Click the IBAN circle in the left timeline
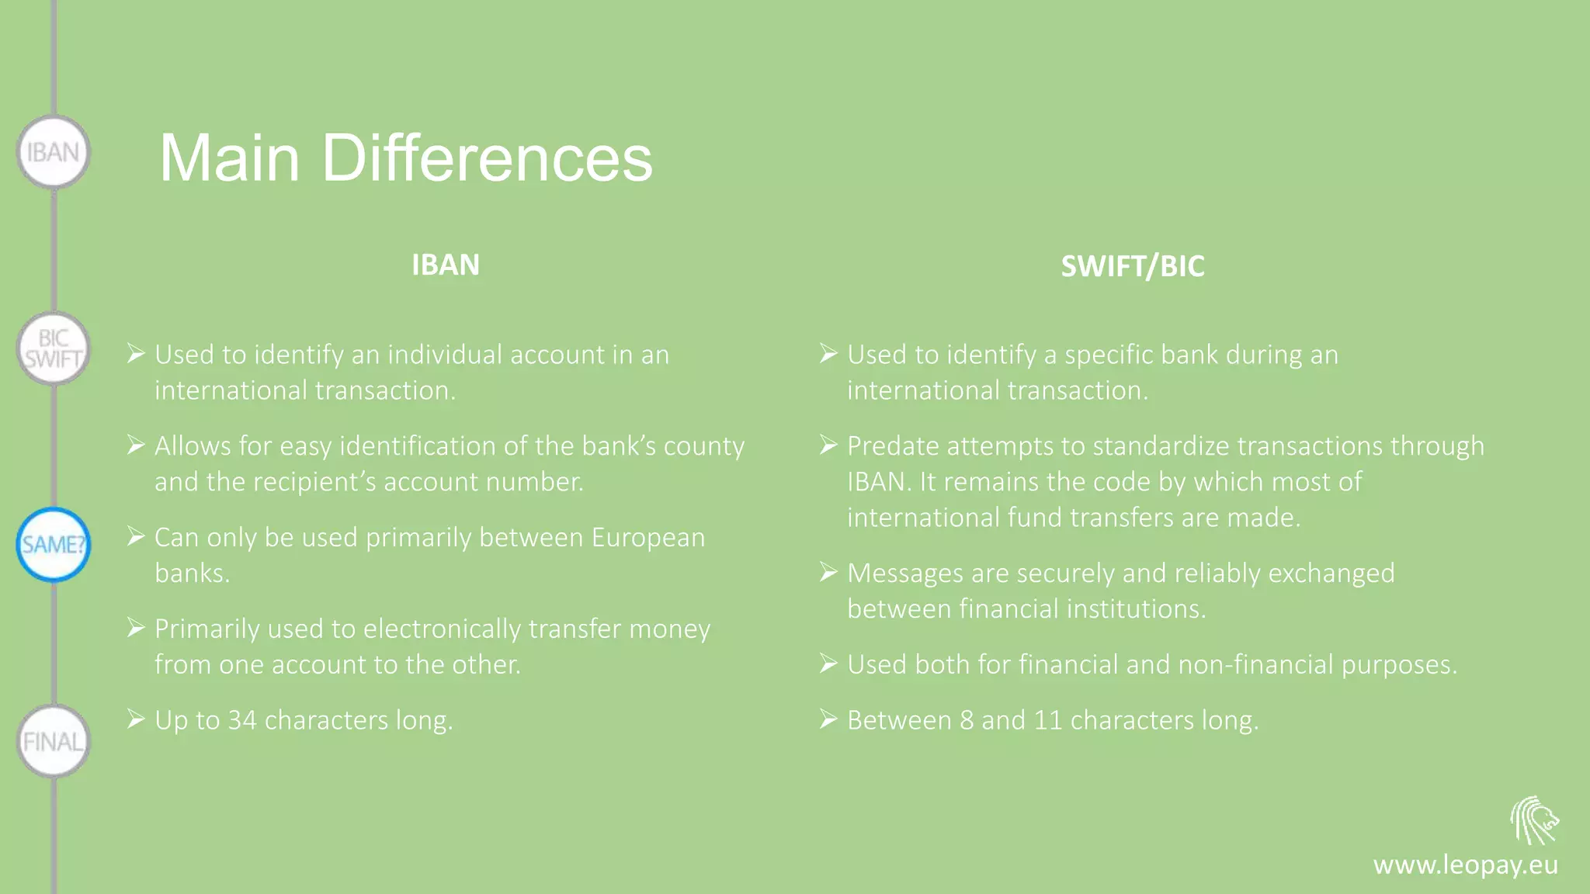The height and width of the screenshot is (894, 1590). coord(53,152)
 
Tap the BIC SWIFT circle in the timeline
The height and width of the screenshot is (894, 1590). coord(53,348)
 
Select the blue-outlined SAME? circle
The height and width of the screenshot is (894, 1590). coord(53,545)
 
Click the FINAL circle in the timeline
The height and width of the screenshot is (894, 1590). coord(53,742)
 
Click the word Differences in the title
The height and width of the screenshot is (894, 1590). coord(487,158)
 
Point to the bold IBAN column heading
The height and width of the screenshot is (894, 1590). coord(445,265)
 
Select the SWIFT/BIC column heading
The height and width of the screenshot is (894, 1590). coord(1132,267)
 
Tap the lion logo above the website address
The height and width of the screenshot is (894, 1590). coord(1534,820)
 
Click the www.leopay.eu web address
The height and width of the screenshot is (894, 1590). coord(1465,865)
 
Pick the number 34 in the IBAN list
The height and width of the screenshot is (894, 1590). coord(241,721)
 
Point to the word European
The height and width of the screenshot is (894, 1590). coord(647,538)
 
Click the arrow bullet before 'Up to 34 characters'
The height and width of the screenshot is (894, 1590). coord(136,719)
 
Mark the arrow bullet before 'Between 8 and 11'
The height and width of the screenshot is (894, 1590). coord(828,719)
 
